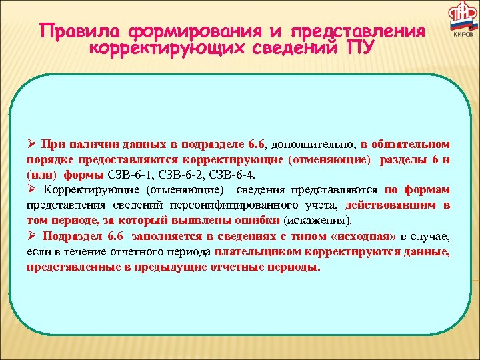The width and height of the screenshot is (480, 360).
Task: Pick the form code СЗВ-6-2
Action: (x=178, y=175)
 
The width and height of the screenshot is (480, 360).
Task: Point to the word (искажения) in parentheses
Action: (x=319, y=220)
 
